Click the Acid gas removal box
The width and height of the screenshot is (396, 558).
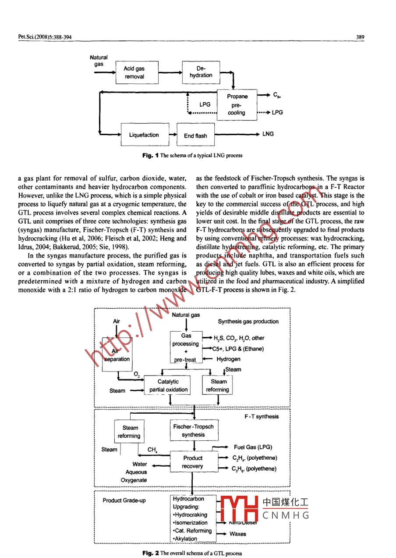point(134,72)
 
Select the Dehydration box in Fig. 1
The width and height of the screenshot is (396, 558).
point(201,72)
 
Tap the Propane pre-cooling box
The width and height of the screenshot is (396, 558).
point(237,104)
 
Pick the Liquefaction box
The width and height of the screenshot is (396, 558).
point(144,135)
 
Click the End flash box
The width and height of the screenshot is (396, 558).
point(195,136)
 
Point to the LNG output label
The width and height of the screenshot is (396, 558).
point(268,134)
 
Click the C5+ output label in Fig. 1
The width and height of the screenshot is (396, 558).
point(277,95)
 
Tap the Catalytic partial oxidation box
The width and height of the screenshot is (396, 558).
point(168,386)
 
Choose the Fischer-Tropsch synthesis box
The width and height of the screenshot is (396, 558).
point(193,430)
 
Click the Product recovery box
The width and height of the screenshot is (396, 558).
point(193,462)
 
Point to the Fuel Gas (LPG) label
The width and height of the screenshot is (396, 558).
point(253,447)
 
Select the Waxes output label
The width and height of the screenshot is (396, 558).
point(238,534)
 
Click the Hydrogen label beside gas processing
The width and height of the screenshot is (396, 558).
point(229,359)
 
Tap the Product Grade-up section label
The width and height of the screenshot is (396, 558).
point(124,501)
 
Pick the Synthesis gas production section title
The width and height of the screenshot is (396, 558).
point(248,322)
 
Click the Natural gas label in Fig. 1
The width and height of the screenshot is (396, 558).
point(99,61)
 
